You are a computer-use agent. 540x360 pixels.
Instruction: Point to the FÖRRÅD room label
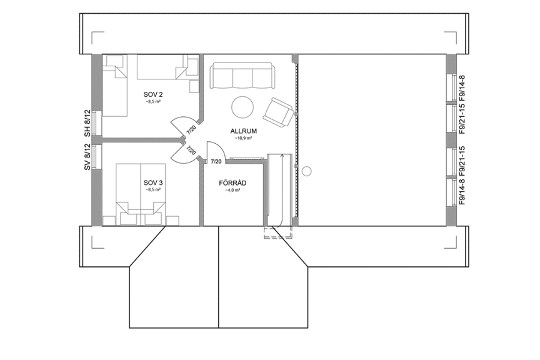click(233, 182)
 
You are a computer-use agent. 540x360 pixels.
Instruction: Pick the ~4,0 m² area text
click(233, 190)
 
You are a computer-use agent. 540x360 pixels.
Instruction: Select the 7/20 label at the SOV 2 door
click(191, 131)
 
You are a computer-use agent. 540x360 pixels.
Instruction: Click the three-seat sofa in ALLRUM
click(241, 76)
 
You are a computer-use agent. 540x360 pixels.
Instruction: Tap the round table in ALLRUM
click(242, 107)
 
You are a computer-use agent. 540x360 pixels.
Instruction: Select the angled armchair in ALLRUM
click(278, 112)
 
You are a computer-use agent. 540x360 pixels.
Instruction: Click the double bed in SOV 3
click(141, 191)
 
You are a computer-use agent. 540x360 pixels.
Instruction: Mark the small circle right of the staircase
click(306, 171)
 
